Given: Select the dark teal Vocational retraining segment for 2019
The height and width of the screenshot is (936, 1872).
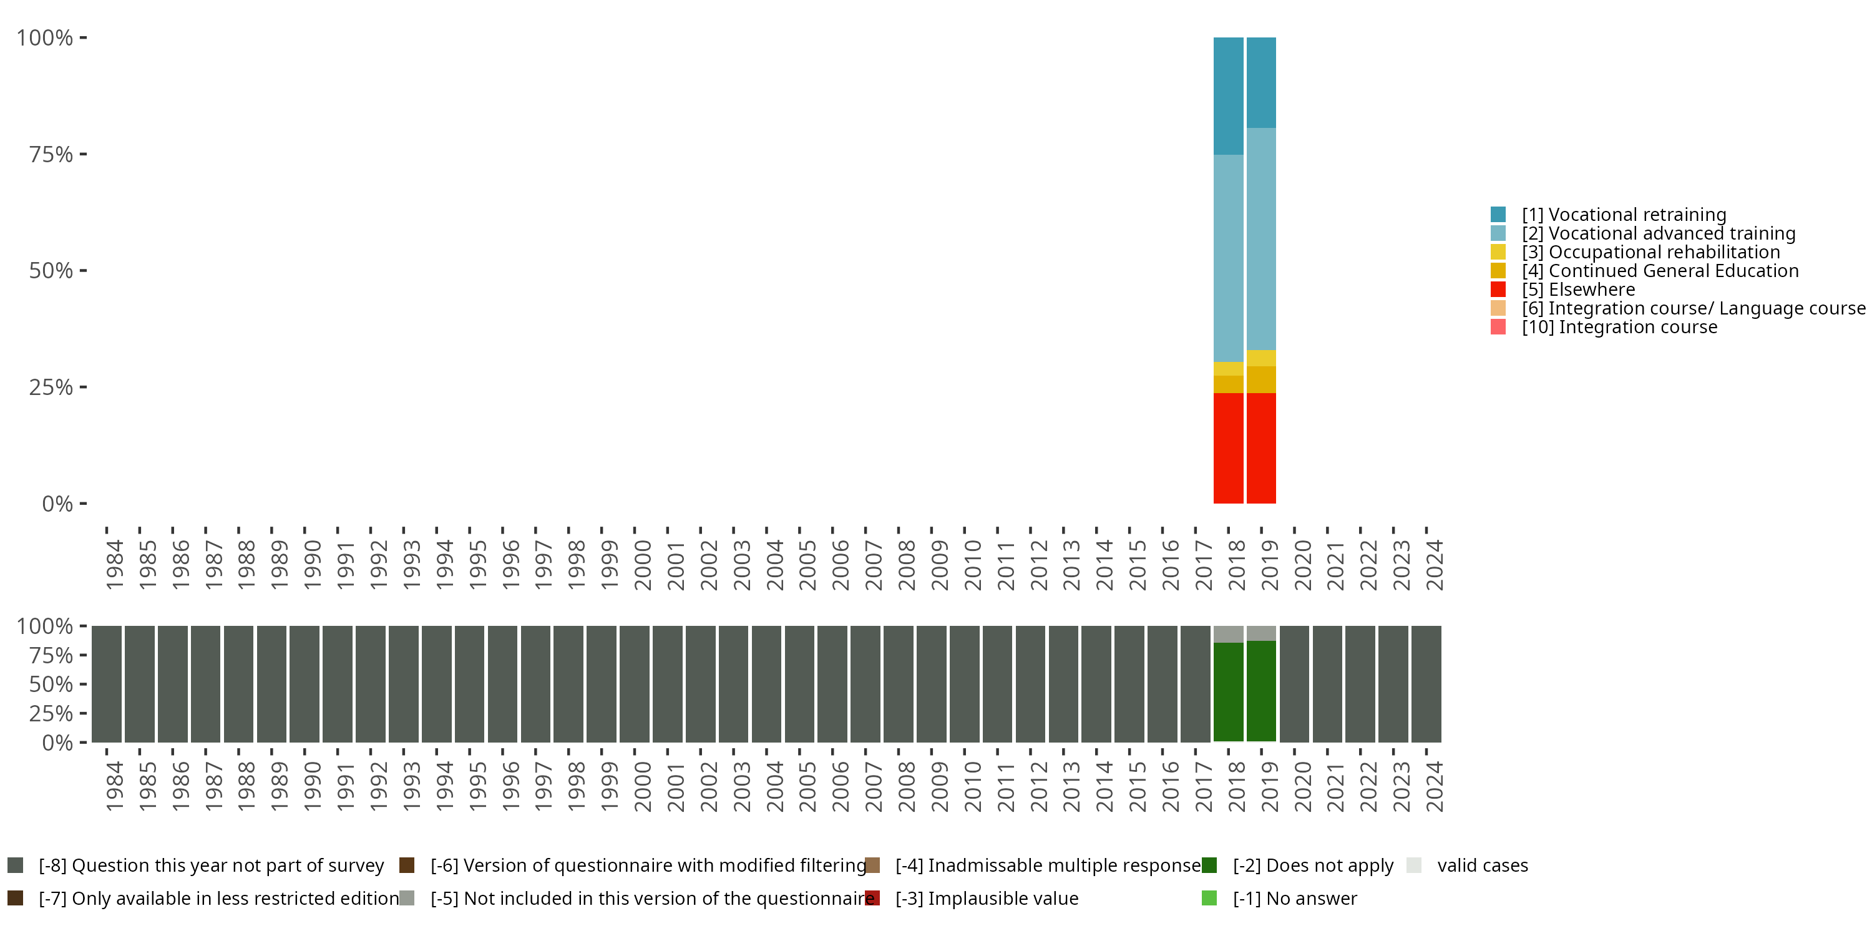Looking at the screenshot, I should [x=1261, y=82].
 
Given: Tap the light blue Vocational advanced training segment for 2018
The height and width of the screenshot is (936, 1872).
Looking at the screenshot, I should [x=1228, y=258].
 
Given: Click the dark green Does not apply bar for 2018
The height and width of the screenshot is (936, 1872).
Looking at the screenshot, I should [x=1228, y=691].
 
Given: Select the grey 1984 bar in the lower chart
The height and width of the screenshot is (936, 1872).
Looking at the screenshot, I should [x=106, y=684].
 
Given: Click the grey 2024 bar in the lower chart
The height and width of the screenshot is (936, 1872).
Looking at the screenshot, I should [x=1426, y=684].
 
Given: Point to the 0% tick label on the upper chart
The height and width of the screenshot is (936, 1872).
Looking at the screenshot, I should [x=57, y=504].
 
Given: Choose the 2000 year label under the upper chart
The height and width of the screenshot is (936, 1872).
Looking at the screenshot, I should [x=643, y=565].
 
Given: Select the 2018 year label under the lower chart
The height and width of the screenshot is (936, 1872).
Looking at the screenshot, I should [x=1236, y=786].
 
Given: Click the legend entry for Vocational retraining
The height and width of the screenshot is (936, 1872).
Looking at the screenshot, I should [x=1624, y=215].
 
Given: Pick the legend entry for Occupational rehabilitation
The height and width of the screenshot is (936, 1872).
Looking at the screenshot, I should [x=1650, y=252].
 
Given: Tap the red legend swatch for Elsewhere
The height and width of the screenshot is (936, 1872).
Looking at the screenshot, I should [x=1498, y=290].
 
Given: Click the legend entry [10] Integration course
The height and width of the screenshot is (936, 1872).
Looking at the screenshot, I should [x=1619, y=327].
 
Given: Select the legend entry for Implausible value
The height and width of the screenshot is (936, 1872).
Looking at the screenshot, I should [x=986, y=898].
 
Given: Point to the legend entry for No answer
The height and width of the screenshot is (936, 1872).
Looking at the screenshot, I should [x=1294, y=898].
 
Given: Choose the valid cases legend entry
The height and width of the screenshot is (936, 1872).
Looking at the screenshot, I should [x=1482, y=865].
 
